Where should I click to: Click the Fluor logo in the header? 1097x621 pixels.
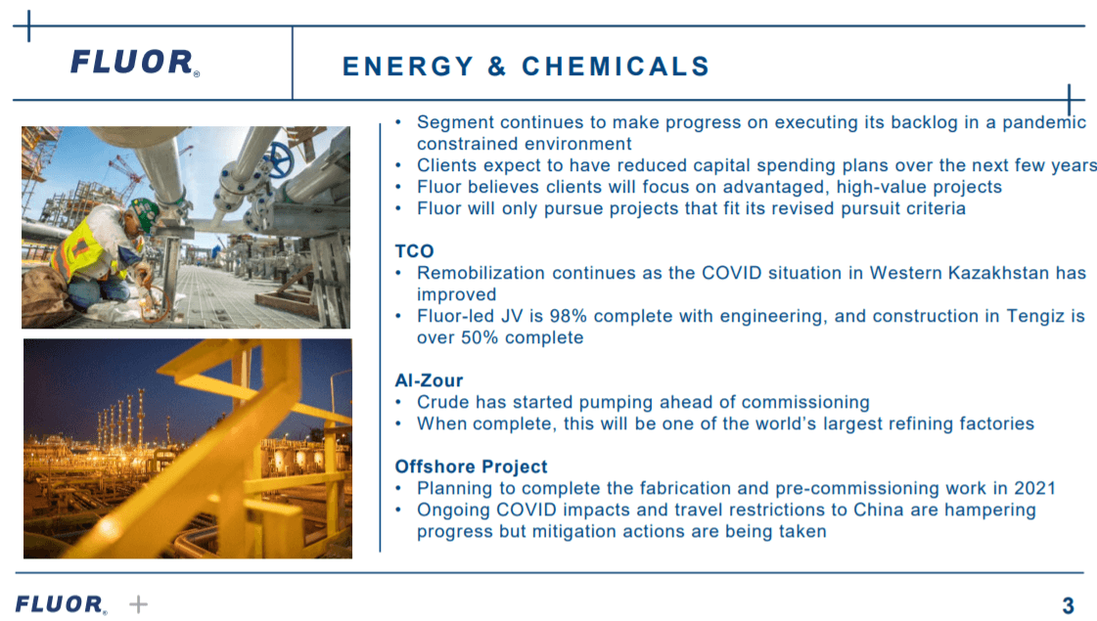[134, 63]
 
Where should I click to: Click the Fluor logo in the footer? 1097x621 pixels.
[60, 604]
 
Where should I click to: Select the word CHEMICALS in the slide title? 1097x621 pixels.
[616, 67]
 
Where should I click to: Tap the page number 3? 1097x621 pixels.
[1069, 606]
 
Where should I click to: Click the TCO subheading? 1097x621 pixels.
[414, 251]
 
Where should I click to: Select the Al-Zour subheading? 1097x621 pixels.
[429, 380]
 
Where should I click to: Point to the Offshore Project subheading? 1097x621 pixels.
[471, 466]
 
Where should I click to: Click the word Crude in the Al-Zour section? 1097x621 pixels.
[443, 402]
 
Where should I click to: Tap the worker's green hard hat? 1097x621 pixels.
[144, 208]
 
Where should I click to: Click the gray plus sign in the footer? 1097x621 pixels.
[139, 604]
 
